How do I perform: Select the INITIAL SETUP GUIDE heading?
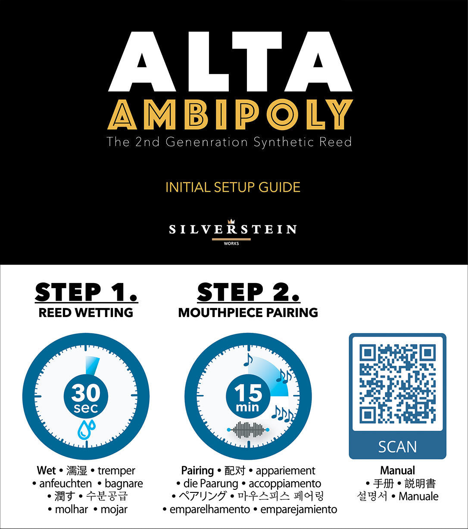233,187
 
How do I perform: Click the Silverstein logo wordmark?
233,229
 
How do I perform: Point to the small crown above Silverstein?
232,221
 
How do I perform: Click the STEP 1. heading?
86,293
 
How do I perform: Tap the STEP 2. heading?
248,293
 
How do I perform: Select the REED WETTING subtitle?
86,313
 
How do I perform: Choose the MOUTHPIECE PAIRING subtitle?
248,313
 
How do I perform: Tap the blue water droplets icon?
86,429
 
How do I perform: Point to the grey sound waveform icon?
248,430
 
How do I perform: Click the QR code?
397,383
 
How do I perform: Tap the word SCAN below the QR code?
397,447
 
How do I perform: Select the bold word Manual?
397,470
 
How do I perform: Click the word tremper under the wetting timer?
116,470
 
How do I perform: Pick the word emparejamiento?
299,509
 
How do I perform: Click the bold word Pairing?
197,470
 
